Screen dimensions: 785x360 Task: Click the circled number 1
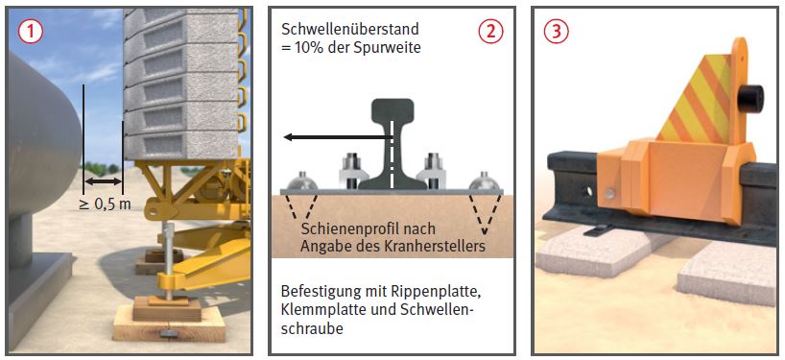tap(30, 32)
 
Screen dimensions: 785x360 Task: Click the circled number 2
tap(489, 32)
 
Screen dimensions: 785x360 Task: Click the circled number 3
tap(557, 32)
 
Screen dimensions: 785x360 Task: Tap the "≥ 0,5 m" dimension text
tap(105, 204)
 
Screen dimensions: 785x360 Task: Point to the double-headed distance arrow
tap(103, 180)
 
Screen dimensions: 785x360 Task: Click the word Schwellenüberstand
tap(350, 30)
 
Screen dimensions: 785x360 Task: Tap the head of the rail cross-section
tap(392, 109)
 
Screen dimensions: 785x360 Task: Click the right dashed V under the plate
tap(484, 214)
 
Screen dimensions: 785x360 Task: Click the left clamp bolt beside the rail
tap(351, 171)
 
